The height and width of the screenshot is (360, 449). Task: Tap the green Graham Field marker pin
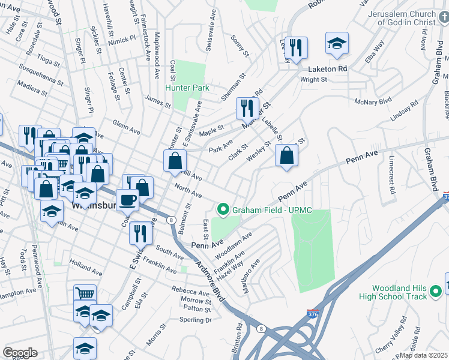coord(223,209)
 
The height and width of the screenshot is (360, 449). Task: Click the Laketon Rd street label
coord(328,69)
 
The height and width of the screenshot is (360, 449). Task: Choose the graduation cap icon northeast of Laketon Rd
coord(337,43)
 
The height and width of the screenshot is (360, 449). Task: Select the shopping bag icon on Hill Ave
coord(175,161)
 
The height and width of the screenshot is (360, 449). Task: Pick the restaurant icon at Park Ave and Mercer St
coord(247,108)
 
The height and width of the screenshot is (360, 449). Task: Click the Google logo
coord(20,353)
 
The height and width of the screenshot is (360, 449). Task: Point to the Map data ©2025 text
coord(424,355)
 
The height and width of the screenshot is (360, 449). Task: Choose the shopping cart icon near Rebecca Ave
coord(85,293)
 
